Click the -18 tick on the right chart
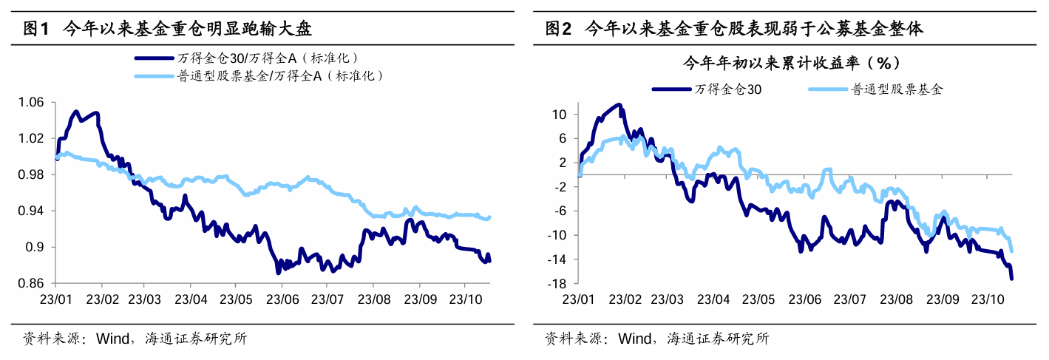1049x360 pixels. click(x=558, y=283)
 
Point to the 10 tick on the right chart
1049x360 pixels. click(x=560, y=115)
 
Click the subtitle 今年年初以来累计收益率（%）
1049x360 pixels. click(x=790, y=63)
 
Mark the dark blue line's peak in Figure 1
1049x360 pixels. click(x=75, y=112)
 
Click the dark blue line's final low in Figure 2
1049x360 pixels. click(x=1011, y=278)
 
